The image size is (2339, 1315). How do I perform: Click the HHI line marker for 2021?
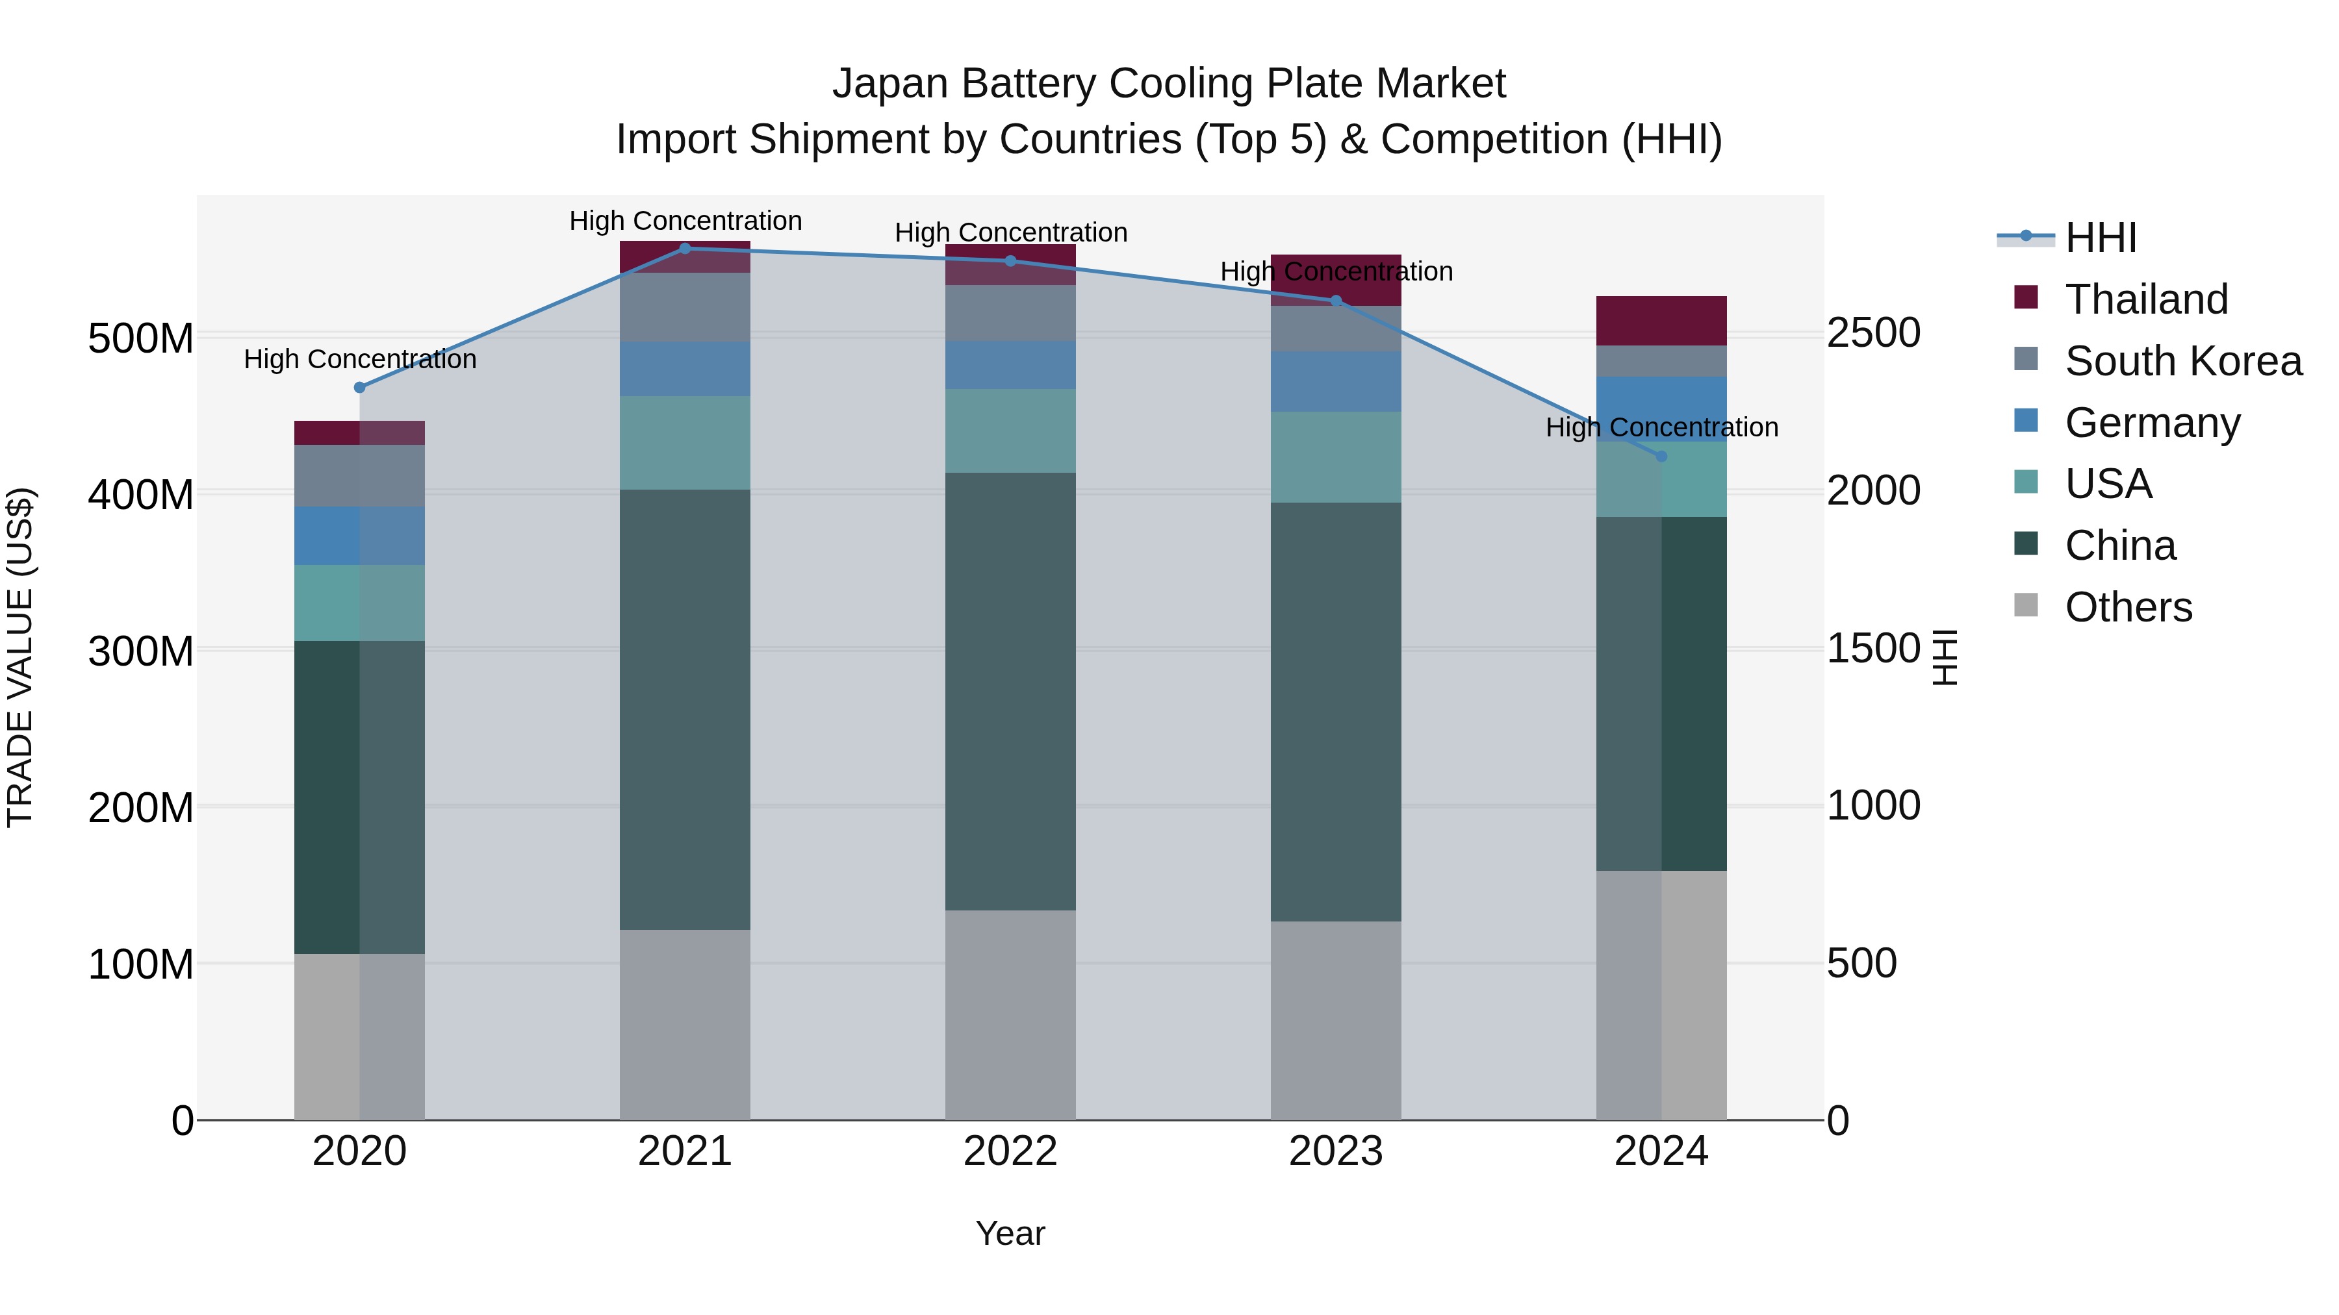click(x=685, y=248)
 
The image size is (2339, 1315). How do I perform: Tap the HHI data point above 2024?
click(x=1661, y=457)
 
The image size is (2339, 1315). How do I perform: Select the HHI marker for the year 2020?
click(x=359, y=388)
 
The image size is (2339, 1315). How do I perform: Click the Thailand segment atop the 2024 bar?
click(x=1661, y=320)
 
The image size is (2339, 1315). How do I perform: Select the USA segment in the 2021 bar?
click(x=685, y=442)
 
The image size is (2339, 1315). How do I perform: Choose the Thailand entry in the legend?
click(x=2145, y=299)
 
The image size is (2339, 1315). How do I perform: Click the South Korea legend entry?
click(x=2183, y=361)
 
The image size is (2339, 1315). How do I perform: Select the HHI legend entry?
click(x=2100, y=238)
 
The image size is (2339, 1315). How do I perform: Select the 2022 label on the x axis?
click(x=1010, y=1151)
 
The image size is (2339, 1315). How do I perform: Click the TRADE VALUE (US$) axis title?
click(x=20, y=657)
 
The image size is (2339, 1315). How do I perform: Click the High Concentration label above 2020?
click(x=359, y=359)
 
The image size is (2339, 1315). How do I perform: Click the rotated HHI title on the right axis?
click(x=1943, y=657)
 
